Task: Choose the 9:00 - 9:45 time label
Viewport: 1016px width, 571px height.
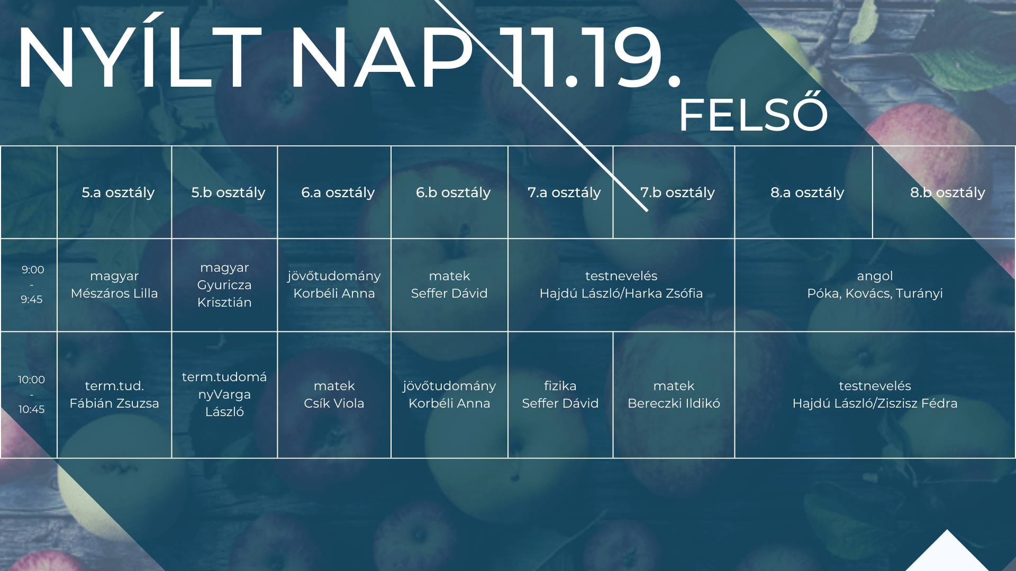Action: pyautogui.click(x=32, y=284)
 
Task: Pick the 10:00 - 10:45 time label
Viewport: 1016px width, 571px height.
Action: pyautogui.click(x=31, y=394)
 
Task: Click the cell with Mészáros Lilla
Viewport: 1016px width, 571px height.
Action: pyautogui.click(x=114, y=284)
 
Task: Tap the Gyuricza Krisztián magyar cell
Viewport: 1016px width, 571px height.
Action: pyautogui.click(x=224, y=284)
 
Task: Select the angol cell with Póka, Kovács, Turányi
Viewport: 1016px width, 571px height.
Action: pyautogui.click(x=875, y=284)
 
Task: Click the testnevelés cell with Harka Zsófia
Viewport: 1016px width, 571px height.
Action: pyautogui.click(x=621, y=284)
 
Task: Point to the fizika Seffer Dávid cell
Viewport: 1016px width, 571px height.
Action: pyautogui.click(x=560, y=394)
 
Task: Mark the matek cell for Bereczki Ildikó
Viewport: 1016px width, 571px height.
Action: pyautogui.click(x=674, y=394)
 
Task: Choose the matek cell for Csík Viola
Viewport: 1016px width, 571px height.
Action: pyautogui.click(x=334, y=394)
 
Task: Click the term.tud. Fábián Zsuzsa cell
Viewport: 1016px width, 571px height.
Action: pyautogui.click(x=114, y=394)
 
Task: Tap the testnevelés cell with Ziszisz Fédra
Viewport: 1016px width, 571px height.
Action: pyautogui.click(x=875, y=394)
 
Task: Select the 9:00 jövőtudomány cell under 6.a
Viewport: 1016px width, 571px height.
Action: pyautogui.click(x=334, y=284)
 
